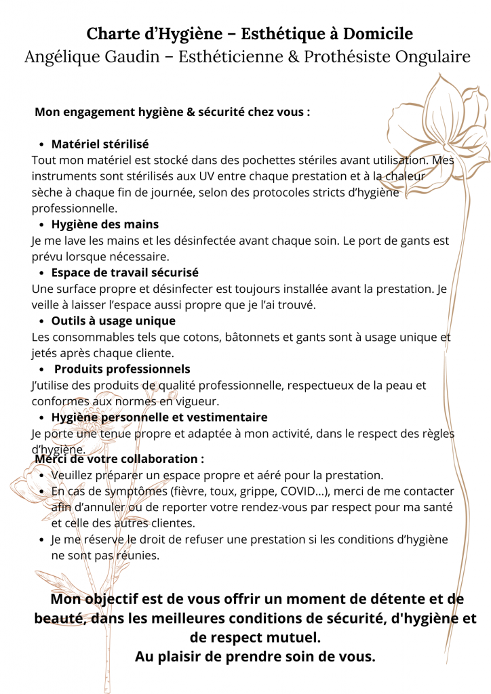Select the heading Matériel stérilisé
coord(100,144)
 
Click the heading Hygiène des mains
coord(104,224)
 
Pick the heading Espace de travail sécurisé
coord(125,272)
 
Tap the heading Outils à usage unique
coord(113,321)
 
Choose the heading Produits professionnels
coord(122,369)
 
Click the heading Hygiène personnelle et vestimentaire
coord(159,417)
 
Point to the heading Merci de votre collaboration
coord(119,459)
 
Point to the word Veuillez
coord(73,475)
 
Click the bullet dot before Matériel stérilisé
coord(42,145)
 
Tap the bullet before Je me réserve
coord(42,540)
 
